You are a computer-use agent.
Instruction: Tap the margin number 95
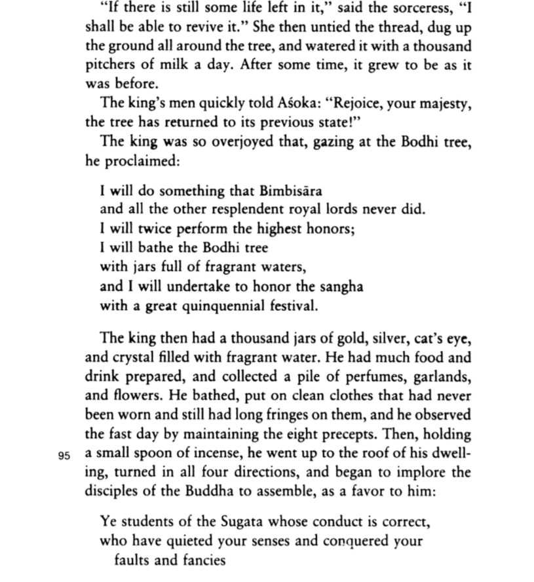point(64,456)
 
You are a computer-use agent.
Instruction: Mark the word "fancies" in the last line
point(203,560)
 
